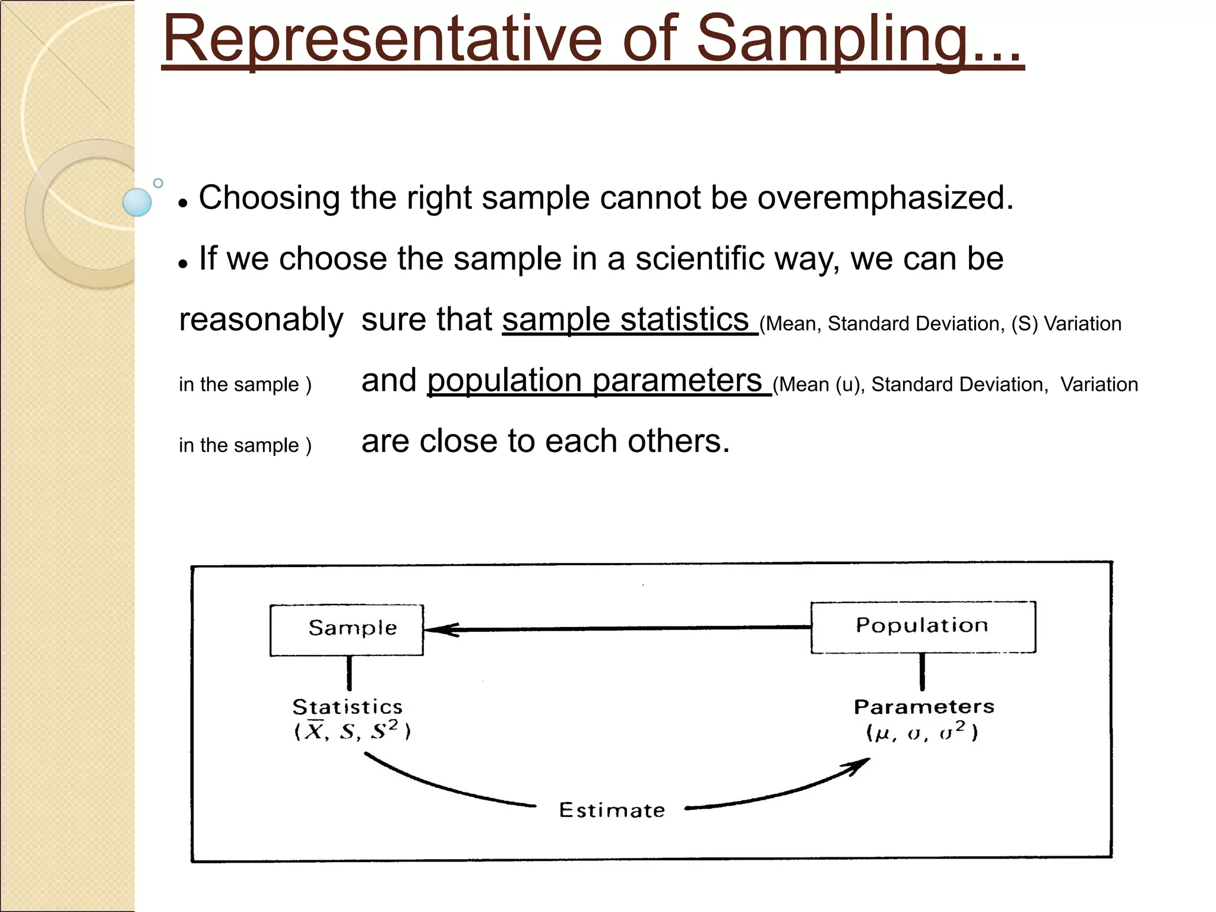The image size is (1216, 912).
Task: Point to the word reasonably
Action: click(261, 321)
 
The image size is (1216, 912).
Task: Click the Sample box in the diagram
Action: click(347, 630)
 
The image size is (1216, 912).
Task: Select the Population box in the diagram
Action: click(923, 627)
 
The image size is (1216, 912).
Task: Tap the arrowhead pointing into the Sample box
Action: click(439, 630)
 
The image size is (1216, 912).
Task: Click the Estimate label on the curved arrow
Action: click(612, 810)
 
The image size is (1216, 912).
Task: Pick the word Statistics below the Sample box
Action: click(347, 707)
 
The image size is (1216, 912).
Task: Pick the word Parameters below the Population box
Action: click(924, 707)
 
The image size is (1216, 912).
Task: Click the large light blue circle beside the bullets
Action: click(137, 202)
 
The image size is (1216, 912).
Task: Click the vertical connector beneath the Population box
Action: click(922, 672)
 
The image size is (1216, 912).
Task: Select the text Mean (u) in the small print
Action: click(819, 385)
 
